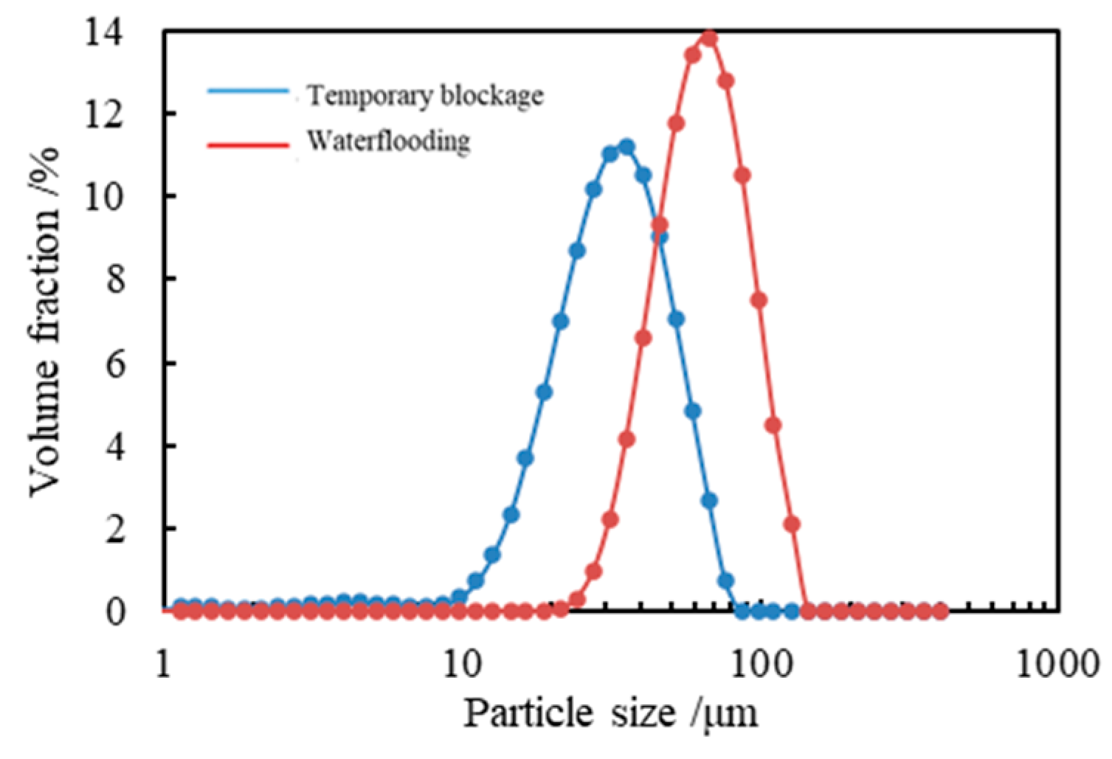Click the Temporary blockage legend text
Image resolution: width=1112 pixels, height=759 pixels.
425,96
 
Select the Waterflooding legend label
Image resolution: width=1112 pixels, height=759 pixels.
388,140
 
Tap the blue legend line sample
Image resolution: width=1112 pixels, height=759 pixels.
248,91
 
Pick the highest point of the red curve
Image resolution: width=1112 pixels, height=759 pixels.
709,38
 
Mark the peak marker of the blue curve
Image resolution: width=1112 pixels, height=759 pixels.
626,148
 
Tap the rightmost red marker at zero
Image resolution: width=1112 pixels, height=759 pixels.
940,611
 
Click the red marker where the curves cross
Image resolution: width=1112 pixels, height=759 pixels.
660,225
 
